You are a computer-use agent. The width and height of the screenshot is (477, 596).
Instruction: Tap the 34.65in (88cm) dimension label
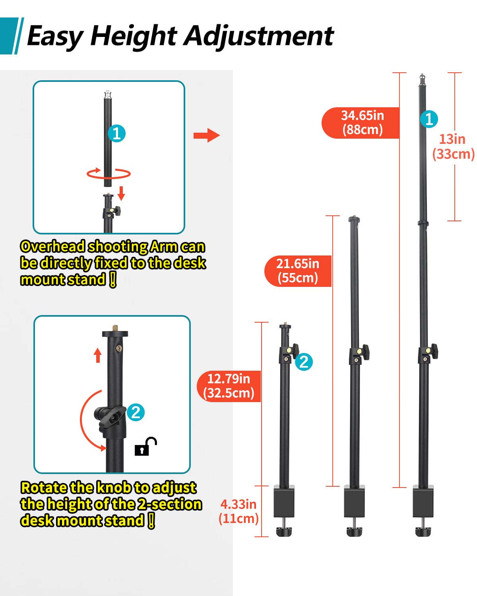tap(362, 123)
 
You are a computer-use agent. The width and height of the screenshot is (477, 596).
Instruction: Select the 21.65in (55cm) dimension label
tap(298, 271)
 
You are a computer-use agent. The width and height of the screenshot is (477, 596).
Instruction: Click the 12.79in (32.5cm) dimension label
tap(229, 386)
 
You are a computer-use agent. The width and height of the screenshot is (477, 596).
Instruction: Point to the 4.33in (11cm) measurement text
tap(238, 511)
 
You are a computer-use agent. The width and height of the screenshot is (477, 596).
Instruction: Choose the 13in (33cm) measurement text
tap(453, 146)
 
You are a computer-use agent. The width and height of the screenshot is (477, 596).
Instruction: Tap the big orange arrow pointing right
tap(206, 135)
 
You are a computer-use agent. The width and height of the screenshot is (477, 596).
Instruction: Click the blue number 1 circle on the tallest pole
tap(429, 119)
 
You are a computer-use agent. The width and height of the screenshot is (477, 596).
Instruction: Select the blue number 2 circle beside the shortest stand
tap(304, 362)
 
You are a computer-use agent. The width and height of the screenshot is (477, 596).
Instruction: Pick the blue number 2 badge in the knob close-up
tap(136, 412)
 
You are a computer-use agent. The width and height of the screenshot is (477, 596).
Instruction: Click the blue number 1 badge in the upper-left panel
tap(116, 134)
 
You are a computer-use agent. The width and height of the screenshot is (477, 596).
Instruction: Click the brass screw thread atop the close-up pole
tap(115, 328)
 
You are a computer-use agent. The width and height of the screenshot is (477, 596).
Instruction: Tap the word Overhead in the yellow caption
tap(52, 247)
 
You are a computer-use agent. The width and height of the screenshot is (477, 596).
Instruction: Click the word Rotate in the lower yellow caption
tap(44, 488)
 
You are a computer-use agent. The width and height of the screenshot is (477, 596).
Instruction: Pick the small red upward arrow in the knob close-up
tap(98, 355)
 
